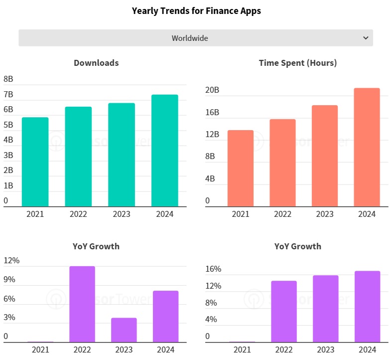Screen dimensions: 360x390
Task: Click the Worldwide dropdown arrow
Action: pos(366,38)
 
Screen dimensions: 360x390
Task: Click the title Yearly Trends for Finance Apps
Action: pos(196,10)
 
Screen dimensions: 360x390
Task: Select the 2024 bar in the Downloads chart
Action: pos(165,151)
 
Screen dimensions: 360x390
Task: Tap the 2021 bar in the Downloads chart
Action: pos(35,162)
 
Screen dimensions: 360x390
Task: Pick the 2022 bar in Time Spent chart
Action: pos(282,163)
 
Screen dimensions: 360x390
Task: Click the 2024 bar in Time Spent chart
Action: pos(367,147)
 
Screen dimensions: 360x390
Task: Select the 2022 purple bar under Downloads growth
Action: pos(82,304)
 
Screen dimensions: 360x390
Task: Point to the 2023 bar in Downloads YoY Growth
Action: pos(124,330)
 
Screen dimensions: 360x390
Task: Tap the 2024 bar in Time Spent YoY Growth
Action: pos(367,306)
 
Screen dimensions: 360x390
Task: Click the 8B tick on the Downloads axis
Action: pos(8,79)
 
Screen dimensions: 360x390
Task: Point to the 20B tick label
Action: pos(212,90)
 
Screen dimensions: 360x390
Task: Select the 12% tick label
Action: pos(11,260)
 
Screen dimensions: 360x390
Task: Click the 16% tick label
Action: pos(213,269)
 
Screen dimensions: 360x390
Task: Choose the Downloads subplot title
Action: pos(96,63)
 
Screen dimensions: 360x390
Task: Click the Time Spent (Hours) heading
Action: pos(298,63)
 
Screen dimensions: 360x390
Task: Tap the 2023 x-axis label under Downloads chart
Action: pos(122,214)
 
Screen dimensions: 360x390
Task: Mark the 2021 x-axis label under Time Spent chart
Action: pos(241,214)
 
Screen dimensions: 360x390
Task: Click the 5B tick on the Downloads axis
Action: pos(8,125)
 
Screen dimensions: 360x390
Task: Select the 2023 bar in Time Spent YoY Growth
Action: pos(325,309)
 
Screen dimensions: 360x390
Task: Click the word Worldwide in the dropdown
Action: pos(190,38)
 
